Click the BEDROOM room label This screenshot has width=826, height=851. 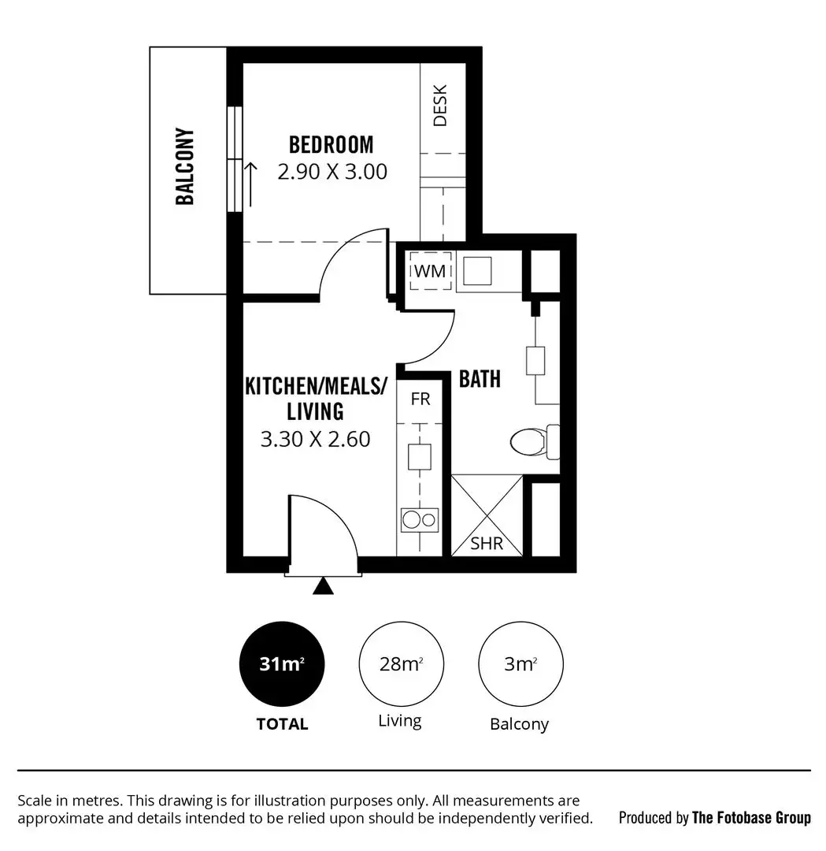331,145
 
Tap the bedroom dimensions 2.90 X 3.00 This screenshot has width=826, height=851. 332,172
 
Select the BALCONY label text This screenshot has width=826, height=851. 185,166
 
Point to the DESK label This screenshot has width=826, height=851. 440,105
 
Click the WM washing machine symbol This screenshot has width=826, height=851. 430,271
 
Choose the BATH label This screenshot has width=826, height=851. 480,379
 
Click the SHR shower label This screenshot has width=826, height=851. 487,543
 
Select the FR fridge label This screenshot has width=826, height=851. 420,399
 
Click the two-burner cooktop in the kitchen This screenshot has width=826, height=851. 420,519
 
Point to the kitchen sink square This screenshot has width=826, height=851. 420,456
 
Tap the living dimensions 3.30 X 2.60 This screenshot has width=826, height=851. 315,440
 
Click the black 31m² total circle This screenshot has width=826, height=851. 282,663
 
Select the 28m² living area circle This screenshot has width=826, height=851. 401,663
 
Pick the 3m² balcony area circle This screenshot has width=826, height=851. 520,663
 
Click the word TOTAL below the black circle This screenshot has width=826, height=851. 282,723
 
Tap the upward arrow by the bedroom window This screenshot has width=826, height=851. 252,184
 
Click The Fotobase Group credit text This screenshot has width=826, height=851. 750,817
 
